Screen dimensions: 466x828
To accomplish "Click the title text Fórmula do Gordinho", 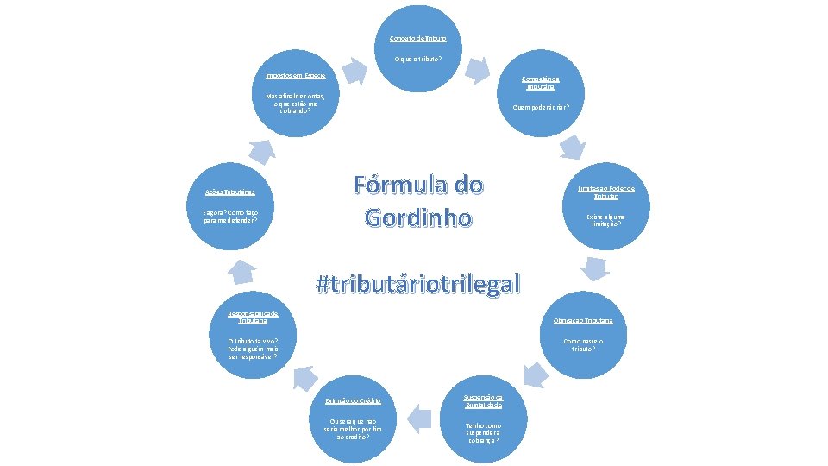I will tap(418, 200).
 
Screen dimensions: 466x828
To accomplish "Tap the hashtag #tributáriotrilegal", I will tap(418, 283).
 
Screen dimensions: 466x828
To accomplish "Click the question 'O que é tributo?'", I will tap(418, 59).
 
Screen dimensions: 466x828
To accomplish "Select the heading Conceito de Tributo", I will tap(418, 39).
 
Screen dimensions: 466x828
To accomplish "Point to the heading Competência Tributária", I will tap(541, 84).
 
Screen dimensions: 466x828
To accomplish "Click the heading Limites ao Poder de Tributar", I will tap(612, 192).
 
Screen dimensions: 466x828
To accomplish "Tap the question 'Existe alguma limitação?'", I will tap(605, 221).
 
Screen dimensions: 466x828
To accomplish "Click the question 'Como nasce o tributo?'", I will tap(583, 345).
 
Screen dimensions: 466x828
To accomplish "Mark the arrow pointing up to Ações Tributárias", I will tap(243, 272).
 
